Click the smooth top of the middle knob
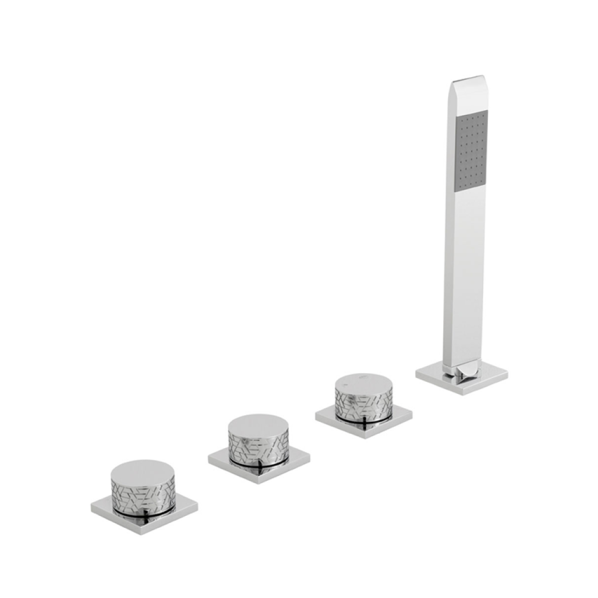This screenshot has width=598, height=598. [258, 424]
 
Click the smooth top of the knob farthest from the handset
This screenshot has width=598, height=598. [143, 469]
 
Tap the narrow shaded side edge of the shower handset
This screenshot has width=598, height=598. [448, 238]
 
